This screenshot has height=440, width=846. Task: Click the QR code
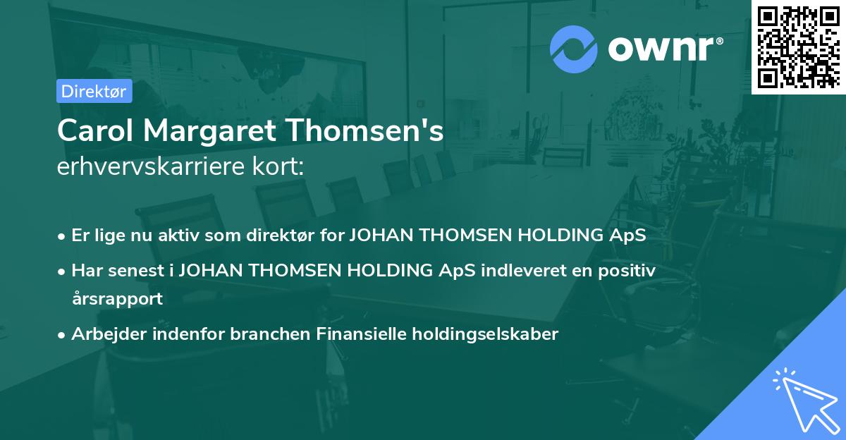(x=797, y=46)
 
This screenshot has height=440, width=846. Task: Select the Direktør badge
(x=93, y=91)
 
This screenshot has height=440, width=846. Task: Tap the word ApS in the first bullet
(x=627, y=236)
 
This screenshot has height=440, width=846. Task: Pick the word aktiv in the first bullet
(x=180, y=236)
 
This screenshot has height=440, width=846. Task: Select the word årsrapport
(x=117, y=298)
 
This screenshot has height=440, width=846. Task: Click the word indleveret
(x=525, y=270)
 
